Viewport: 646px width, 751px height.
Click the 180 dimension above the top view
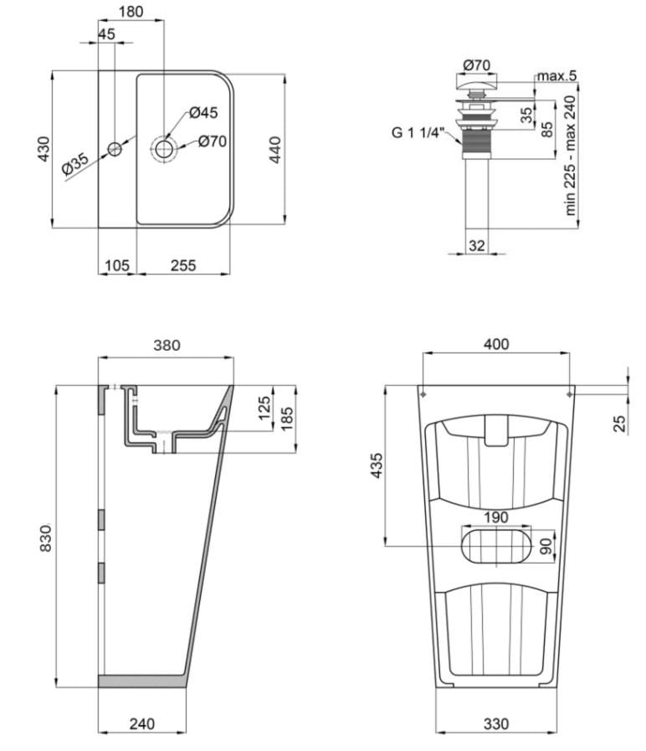click(x=130, y=12)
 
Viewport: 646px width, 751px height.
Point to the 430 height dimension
click(x=44, y=149)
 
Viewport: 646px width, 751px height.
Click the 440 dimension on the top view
click(x=275, y=149)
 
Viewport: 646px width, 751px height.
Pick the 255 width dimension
click(x=182, y=265)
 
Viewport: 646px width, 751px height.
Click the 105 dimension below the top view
click(x=116, y=265)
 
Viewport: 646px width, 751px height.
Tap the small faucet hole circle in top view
click(x=115, y=149)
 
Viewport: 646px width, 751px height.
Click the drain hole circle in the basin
click(x=164, y=149)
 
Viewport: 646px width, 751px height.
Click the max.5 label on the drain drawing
click(x=556, y=76)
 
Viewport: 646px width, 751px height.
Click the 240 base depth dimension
click(x=141, y=723)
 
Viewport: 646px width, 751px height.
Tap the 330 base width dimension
click(x=497, y=723)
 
